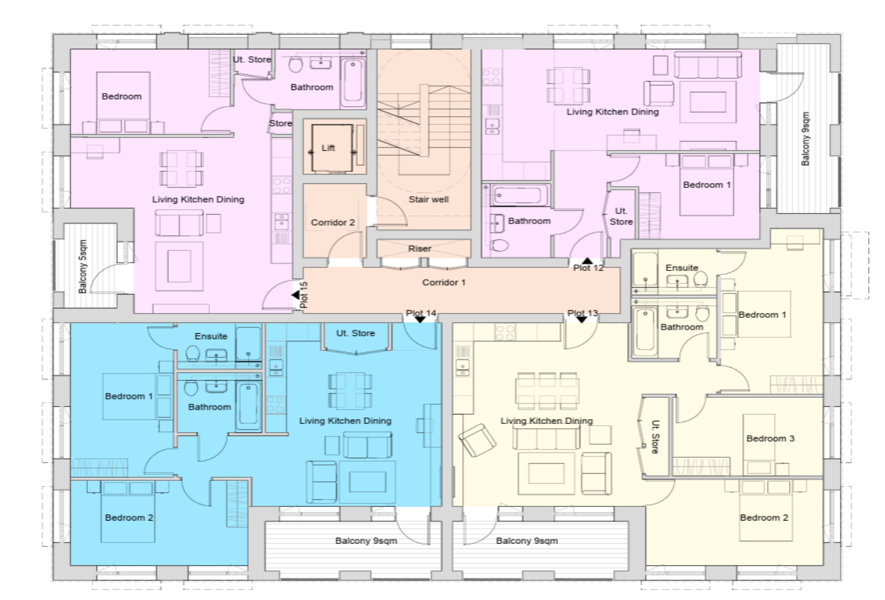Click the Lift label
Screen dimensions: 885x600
[x=328, y=148]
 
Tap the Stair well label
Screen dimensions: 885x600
[x=428, y=199]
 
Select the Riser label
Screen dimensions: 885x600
[x=419, y=248]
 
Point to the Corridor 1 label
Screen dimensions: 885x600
[x=444, y=282]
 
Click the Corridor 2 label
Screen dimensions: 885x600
[x=333, y=222]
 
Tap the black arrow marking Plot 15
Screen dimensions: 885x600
[x=295, y=295]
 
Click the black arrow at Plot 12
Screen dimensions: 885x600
[x=587, y=260]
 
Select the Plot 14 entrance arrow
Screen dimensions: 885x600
[x=420, y=319]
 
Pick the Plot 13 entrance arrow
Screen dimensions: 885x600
[x=581, y=319]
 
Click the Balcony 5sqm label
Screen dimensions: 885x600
[x=82, y=267]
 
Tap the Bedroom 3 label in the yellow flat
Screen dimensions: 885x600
[x=770, y=439]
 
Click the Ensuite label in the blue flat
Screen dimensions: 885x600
[x=211, y=336]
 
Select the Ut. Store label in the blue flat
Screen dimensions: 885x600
[x=355, y=333]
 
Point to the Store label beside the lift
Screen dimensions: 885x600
[x=281, y=123]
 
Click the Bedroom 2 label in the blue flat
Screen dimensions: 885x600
[x=129, y=518]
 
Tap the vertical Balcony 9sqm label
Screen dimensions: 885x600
[x=805, y=139]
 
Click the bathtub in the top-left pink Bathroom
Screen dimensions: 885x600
[x=353, y=82]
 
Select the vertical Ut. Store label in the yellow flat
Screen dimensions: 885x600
[x=655, y=436]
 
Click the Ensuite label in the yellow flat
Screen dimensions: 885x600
[x=682, y=268]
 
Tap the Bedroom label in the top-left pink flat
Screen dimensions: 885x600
[x=121, y=97]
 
